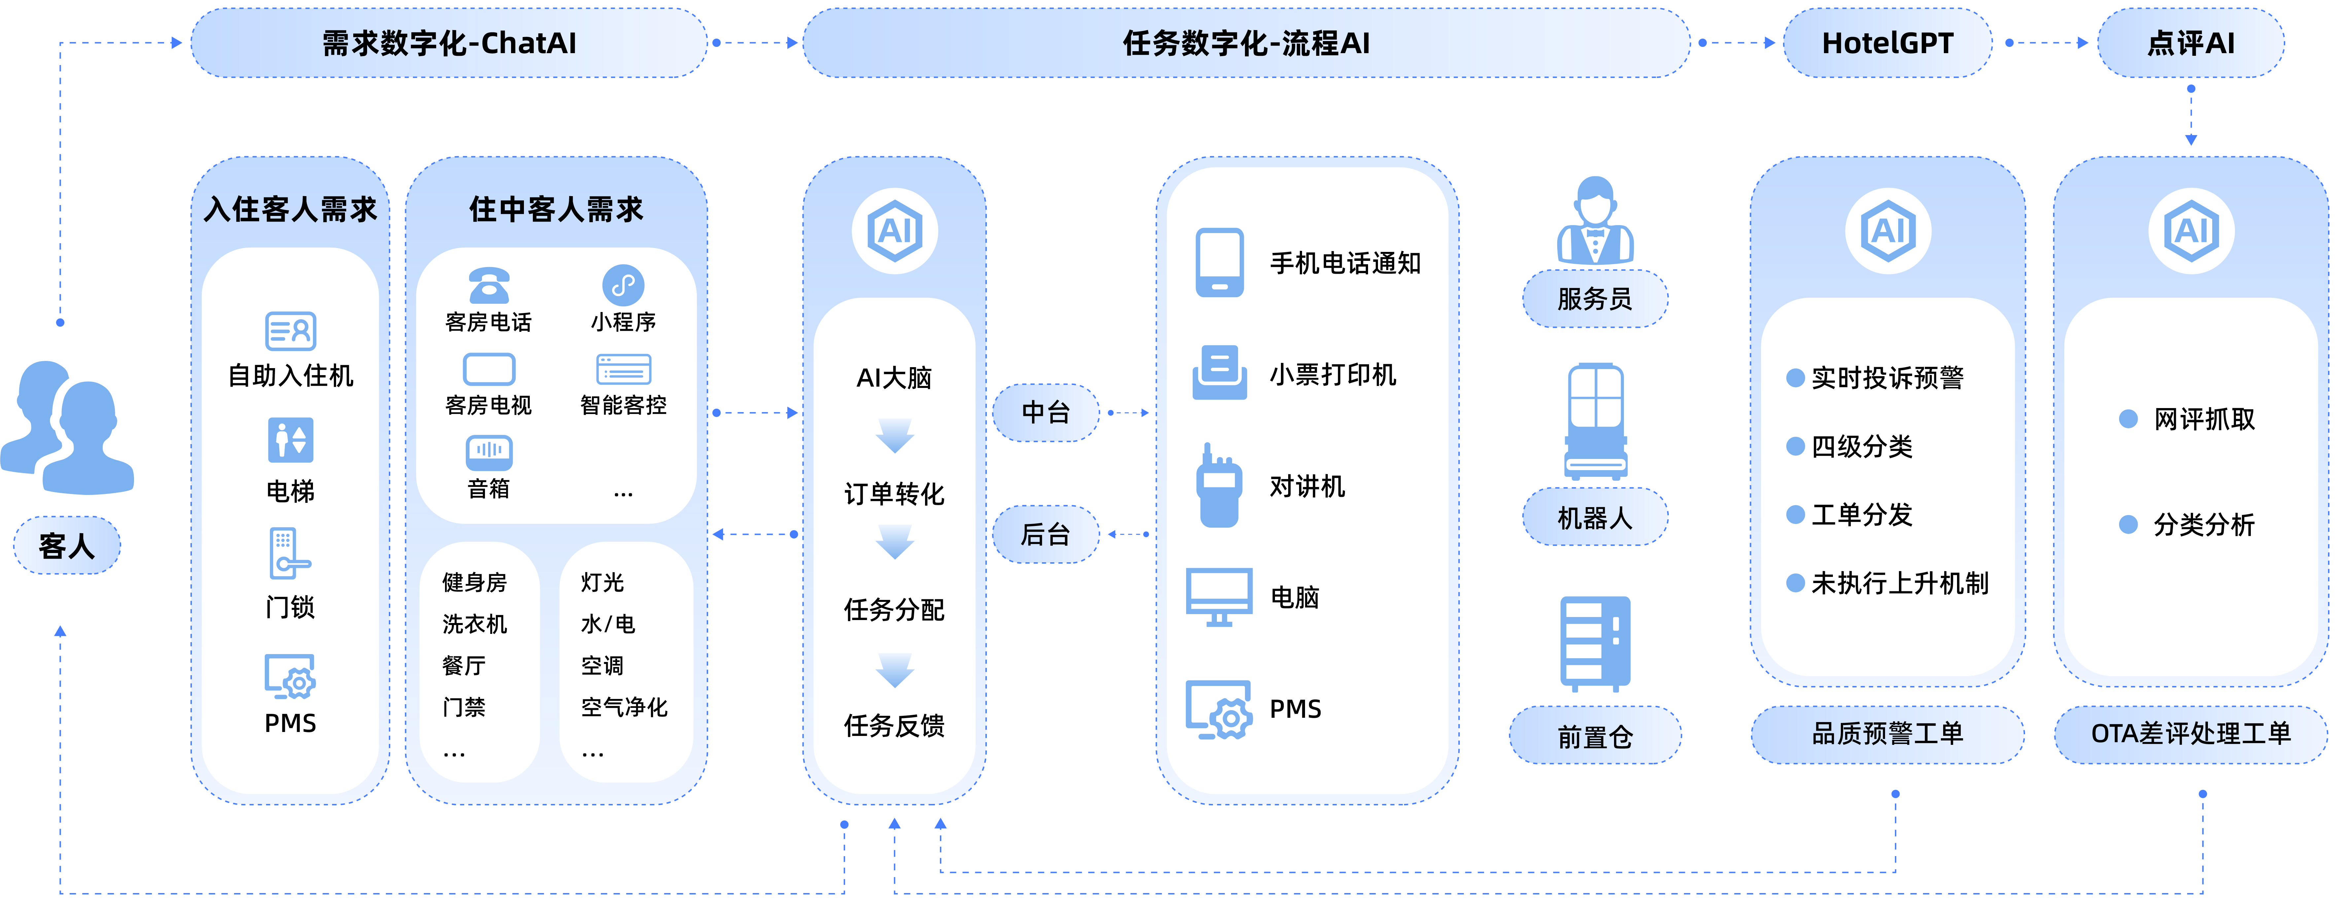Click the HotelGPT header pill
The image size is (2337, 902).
[1887, 43]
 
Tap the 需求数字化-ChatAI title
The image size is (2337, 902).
[449, 43]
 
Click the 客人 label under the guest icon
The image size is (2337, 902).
[66, 545]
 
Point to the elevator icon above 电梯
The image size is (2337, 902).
[290, 440]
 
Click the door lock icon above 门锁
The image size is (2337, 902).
[289, 554]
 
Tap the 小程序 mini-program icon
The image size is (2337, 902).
[623, 285]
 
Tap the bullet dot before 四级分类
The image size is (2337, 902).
[1795, 446]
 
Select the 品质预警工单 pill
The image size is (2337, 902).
[1887, 733]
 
